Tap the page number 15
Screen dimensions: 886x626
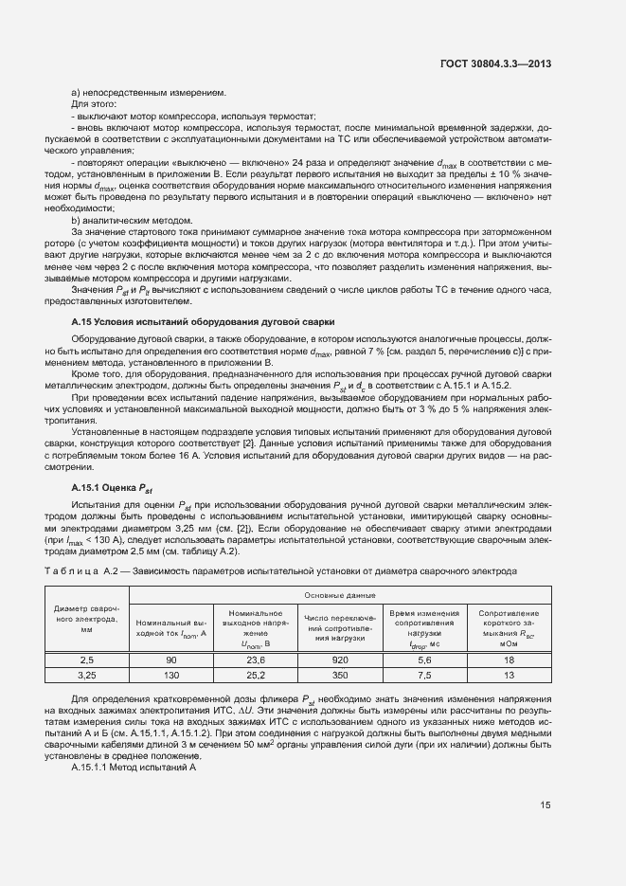(x=546, y=806)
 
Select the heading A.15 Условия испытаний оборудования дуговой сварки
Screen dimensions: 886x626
(x=202, y=323)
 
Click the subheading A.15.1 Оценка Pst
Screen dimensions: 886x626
(x=112, y=487)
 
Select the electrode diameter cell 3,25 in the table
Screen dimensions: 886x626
(x=86, y=675)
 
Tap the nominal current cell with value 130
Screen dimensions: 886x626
(x=171, y=675)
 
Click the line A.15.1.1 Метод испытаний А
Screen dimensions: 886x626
(x=133, y=767)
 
